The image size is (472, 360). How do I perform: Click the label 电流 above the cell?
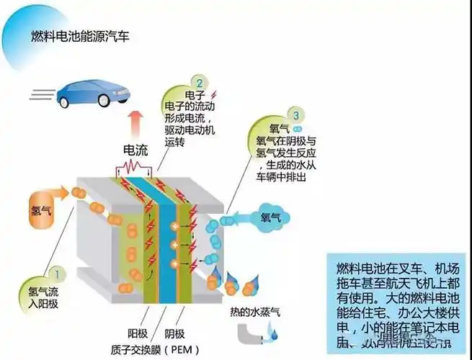(x=136, y=151)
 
